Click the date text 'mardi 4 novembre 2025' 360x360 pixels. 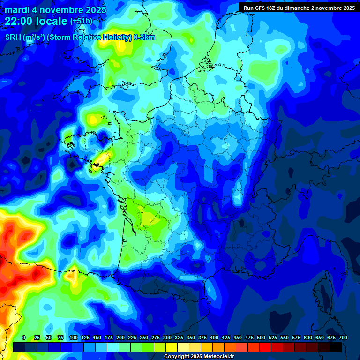[x=55, y=10]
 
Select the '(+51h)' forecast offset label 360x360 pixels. [x=81, y=21]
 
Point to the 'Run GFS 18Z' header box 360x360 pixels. [x=299, y=7]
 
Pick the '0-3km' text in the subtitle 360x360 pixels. [x=145, y=37]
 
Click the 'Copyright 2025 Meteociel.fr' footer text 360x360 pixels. [x=199, y=357]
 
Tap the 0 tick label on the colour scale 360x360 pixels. [x=24, y=337]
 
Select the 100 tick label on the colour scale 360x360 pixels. [x=74, y=337]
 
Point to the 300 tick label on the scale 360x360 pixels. [x=167, y=337]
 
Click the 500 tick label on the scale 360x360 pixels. [x=261, y=337]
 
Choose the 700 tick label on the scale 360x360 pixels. [x=343, y=337]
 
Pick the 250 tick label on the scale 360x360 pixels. [x=144, y=337]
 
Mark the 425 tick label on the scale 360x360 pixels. [x=226, y=337]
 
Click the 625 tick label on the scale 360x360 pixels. [x=320, y=337]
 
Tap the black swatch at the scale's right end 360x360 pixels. [x=336, y=347]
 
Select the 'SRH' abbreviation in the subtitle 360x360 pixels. [x=13, y=37]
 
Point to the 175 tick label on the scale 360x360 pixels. [x=109, y=337]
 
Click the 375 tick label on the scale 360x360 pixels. [x=202, y=337]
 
